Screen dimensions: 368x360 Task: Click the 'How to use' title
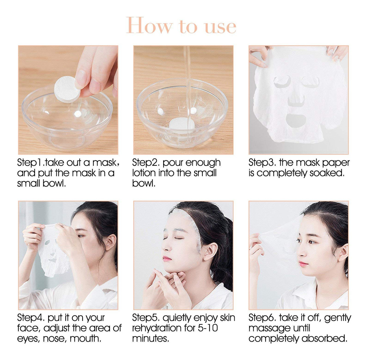pyautogui.click(x=181, y=25)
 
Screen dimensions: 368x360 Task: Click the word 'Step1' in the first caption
pyautogui.click(x=31, y=163)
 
